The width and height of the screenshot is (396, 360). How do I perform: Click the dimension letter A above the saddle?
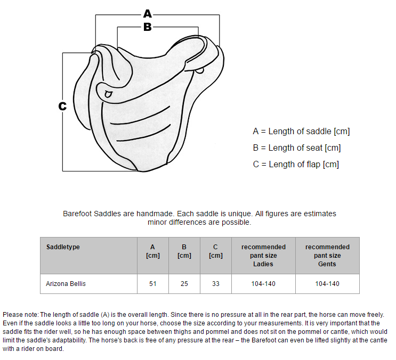(x=148, y=14)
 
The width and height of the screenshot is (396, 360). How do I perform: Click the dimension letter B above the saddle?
(x=148, y=27)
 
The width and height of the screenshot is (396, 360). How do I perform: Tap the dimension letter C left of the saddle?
(x=62, y=106)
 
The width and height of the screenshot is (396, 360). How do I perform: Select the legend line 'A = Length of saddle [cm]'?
(x=301, y=131)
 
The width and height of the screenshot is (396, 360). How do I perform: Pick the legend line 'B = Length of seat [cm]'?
(x=297, y=148)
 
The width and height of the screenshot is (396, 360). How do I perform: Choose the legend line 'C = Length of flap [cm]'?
(x=296, y=164)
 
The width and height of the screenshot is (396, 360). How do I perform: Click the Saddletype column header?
(x=63, y=247)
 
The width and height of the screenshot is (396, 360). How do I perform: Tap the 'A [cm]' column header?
(x=153, y=251)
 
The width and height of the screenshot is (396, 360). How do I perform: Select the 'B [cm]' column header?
(x=184, y=251)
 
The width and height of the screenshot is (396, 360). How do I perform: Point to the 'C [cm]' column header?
(x=215, y=251)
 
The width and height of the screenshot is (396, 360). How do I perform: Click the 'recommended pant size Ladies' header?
(x=263, y=255)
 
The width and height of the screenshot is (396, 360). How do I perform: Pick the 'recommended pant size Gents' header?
(x=327, y=255)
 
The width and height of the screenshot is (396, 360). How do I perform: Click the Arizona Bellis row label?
(x=66, y=284)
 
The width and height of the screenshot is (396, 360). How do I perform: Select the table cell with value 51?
(x=153, y=284)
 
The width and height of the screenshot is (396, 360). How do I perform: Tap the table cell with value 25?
(x=184, y=284)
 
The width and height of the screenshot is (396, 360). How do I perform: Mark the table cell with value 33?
(x=215, y=284)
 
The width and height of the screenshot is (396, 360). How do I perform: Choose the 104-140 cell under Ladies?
(x=263, y=284)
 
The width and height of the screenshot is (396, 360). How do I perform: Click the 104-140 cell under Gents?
(x=327, y=284)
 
